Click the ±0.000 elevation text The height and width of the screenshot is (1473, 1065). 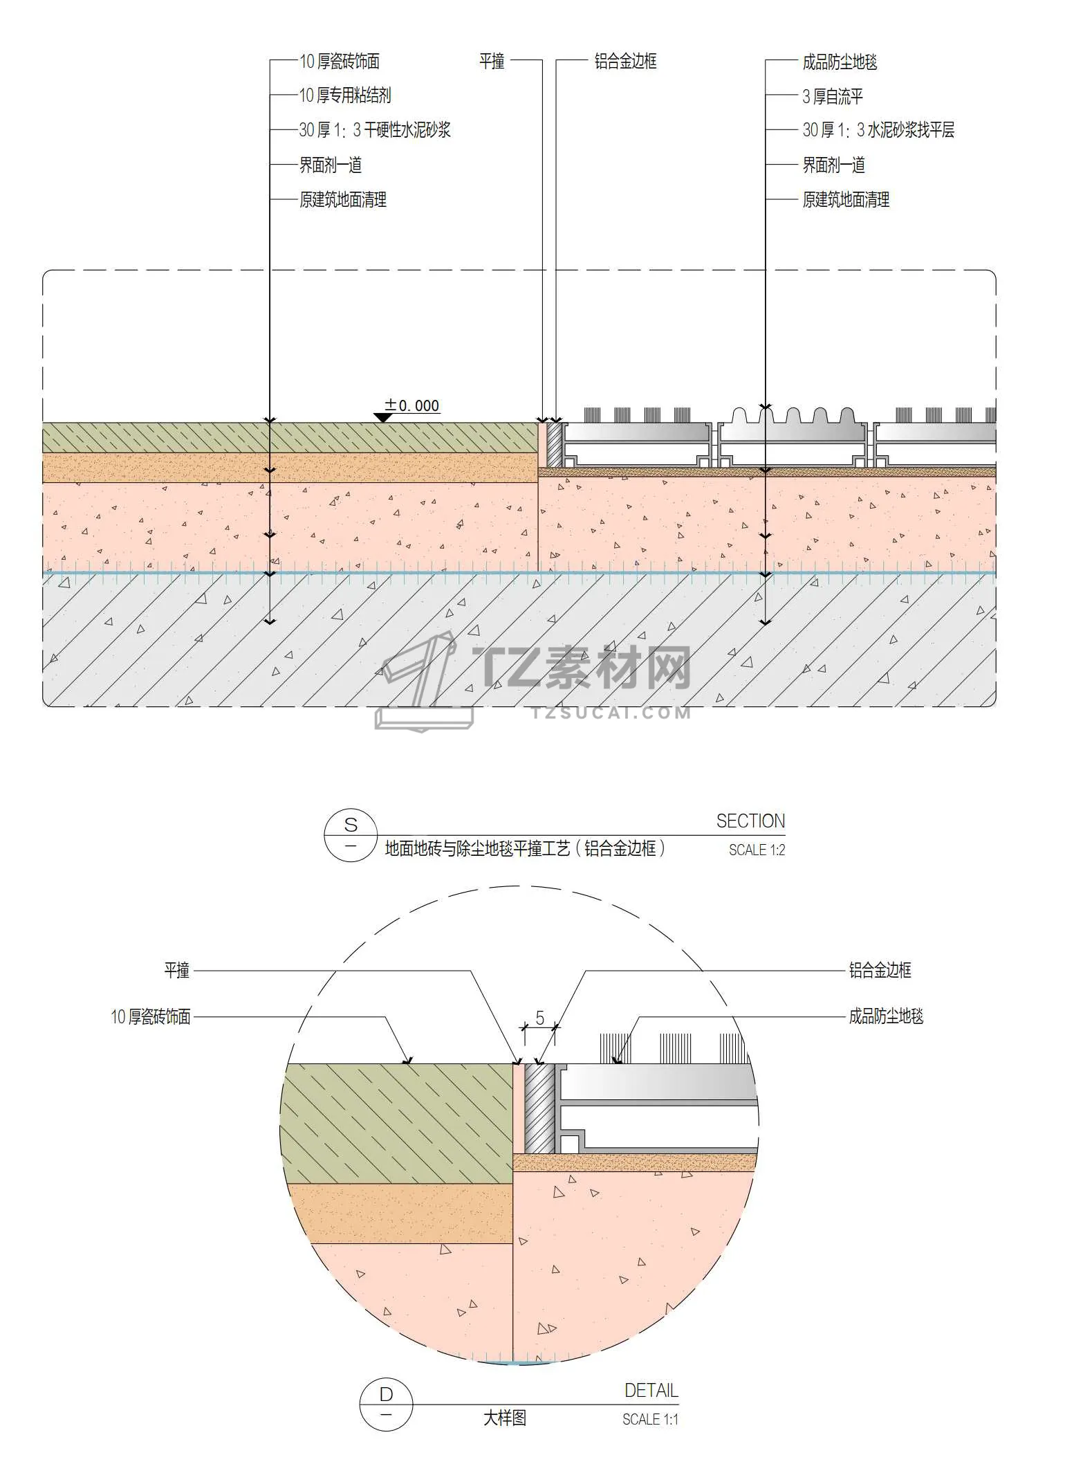click(x=413, y=405)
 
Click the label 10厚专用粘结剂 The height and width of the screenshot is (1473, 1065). click(x=345, y=95)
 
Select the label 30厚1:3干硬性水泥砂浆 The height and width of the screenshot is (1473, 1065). click(x=374, y=130)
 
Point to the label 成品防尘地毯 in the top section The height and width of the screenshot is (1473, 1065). click(x=840, y=62)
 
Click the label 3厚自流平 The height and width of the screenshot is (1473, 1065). click(x=833, y=96)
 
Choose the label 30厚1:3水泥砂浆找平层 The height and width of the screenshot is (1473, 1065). click(x=878, y=130)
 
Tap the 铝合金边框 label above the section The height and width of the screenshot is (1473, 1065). click(x=625, y=62)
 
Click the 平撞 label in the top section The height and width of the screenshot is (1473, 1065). click(x=492, y=62)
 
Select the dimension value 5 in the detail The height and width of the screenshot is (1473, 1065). click(x=540, y=1018)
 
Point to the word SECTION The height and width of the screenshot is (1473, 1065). click(x=750, y=821)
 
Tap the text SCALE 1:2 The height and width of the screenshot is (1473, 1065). click(x=757, y=850)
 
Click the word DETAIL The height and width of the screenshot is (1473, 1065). click(x=651, y=1390)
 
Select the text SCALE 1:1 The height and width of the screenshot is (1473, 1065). click(x=650, y=1420)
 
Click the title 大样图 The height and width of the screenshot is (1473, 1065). click(x=505, y=1418)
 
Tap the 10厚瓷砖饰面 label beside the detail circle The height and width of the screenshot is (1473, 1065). click(x=151, y=1017)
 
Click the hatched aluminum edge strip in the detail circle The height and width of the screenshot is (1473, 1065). click(x=539, y=1108)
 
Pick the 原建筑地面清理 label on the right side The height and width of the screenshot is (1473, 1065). click(x=846, y=200)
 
